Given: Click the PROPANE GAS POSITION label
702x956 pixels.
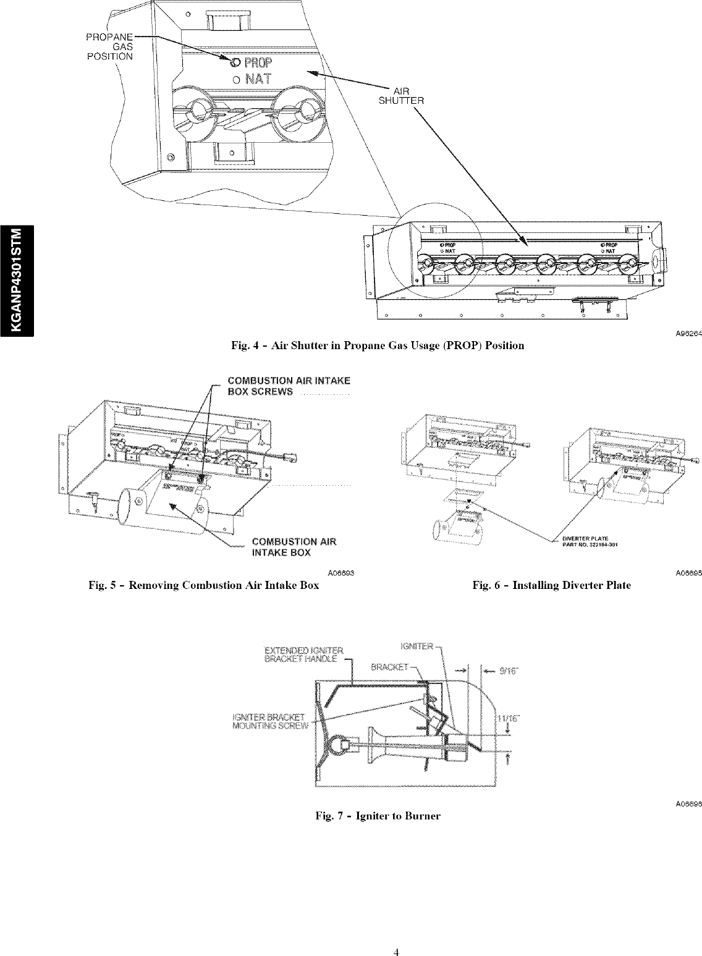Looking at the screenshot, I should coord(109,46).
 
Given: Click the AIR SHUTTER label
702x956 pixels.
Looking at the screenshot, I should coord(404,96).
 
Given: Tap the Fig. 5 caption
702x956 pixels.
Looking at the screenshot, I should coord(204,585).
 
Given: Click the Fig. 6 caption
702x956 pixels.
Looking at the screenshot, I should coord(551,585).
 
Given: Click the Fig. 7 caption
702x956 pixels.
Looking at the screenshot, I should coord(378,816).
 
